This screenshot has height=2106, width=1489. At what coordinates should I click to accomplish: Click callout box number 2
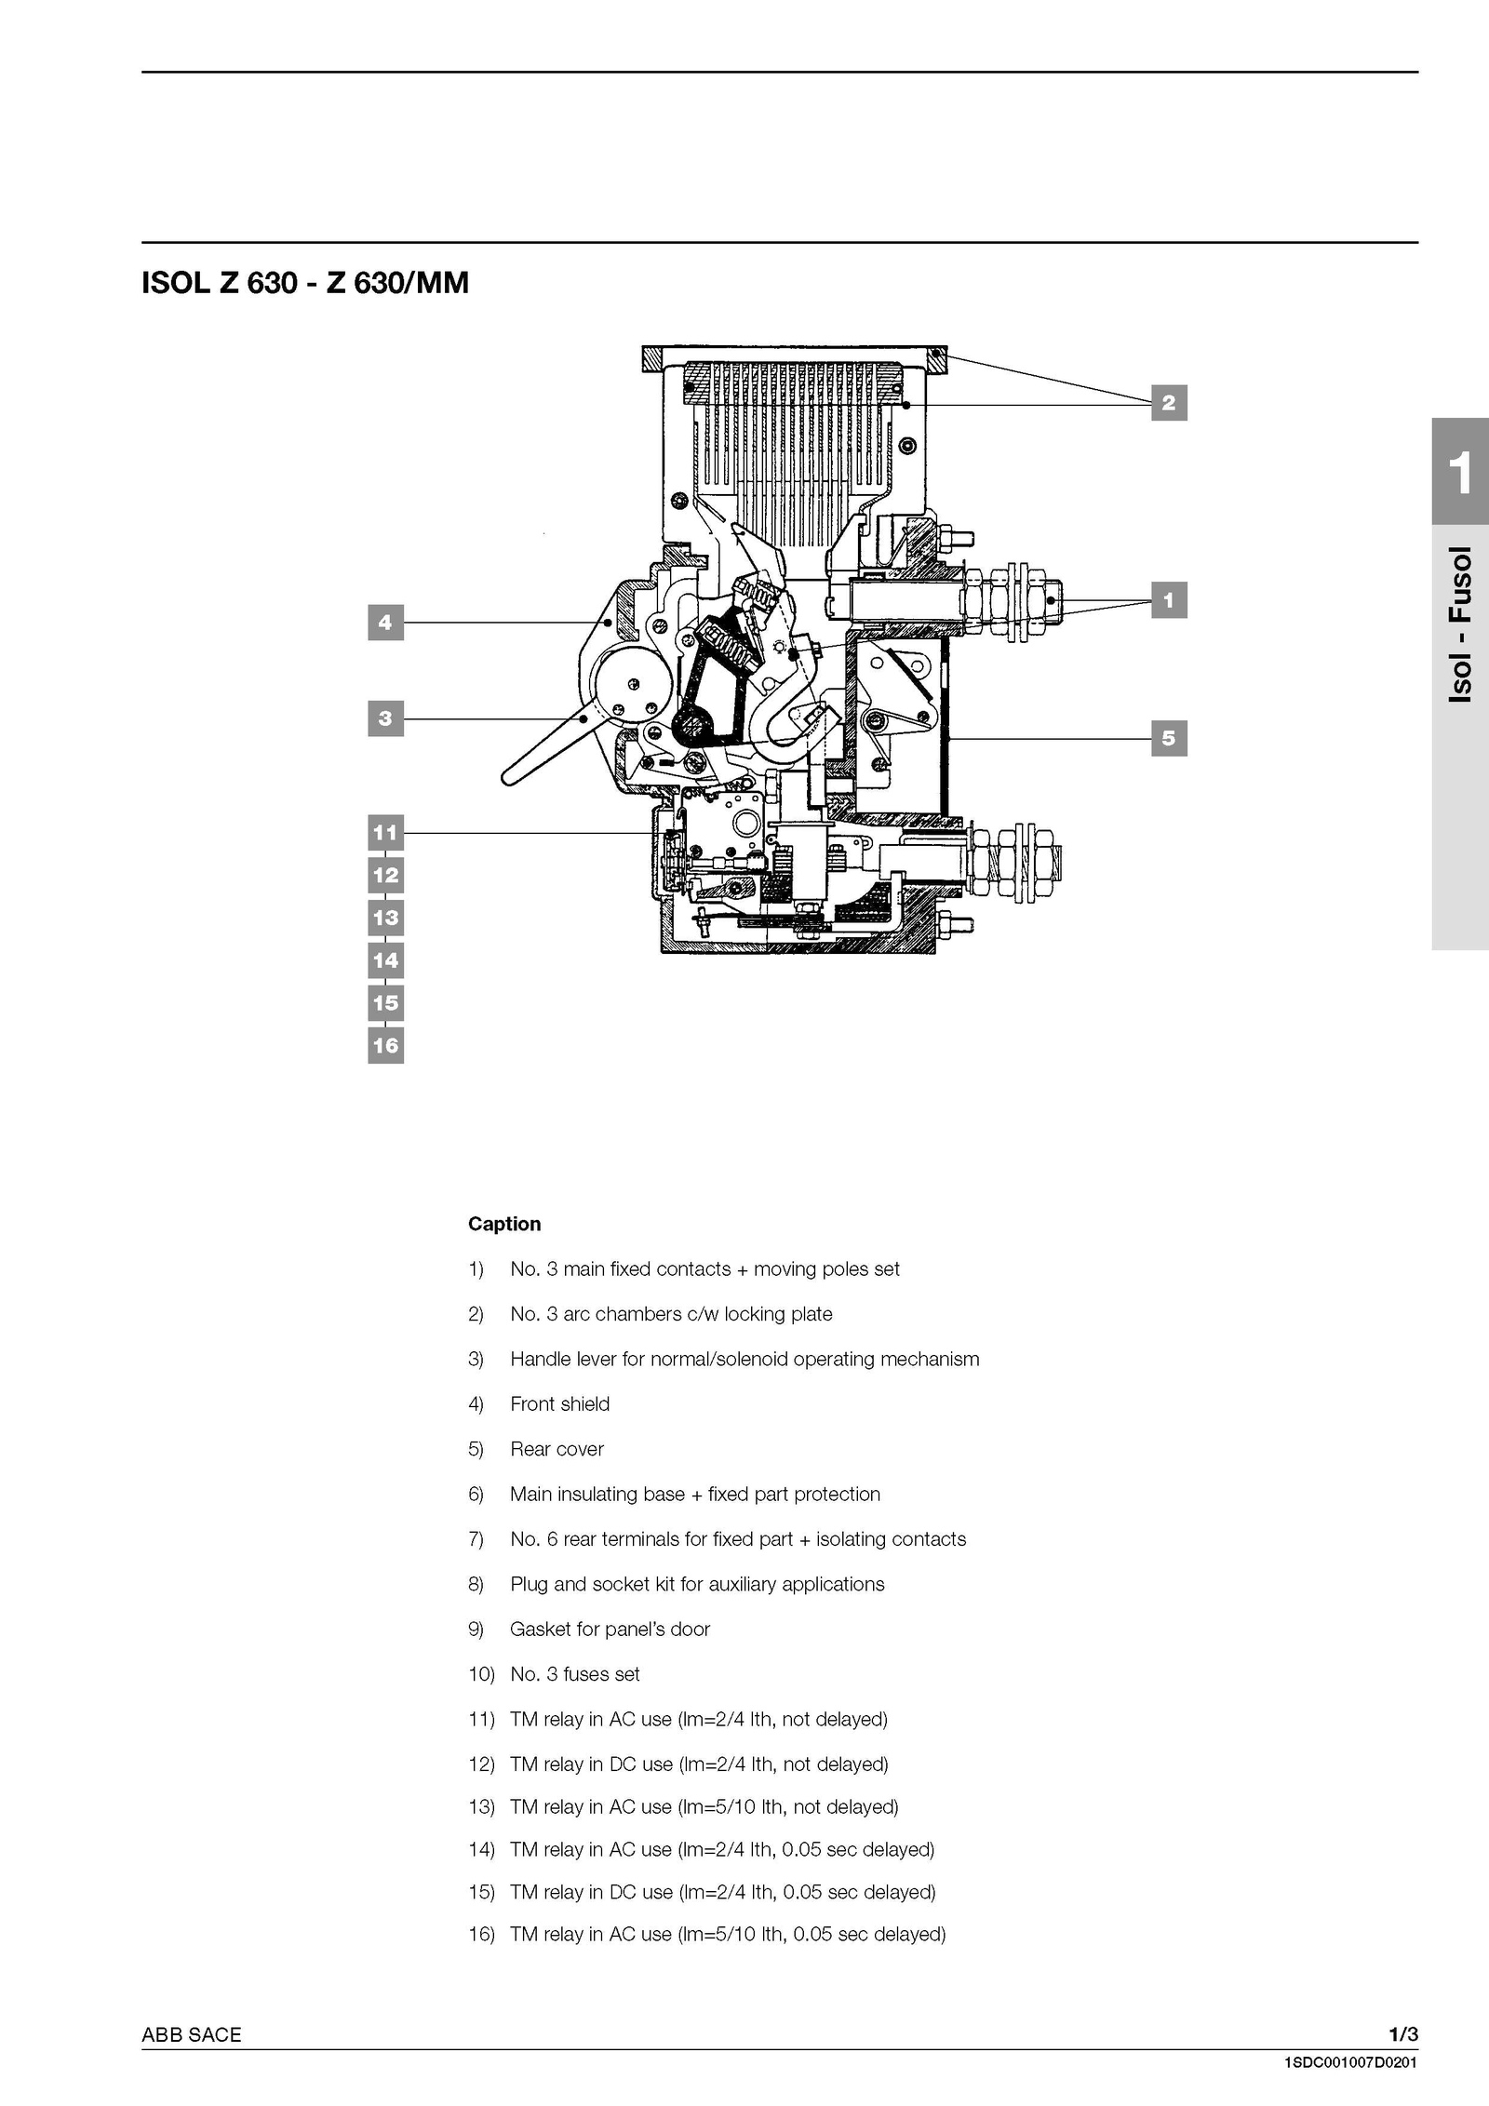pyautogui.click(x=1169, y=403)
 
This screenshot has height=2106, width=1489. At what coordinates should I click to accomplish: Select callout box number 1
pyautogui.click(x=1169, y=600)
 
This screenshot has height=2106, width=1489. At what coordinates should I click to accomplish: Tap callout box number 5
pyautogui.click(x=1169, y=739)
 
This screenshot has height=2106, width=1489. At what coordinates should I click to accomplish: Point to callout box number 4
pyautogui.click(x=385, y=623)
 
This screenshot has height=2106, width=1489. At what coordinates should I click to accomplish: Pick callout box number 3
pyautogui.click(x=385, y=718)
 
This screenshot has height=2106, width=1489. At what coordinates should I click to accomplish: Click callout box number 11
pyautogui.click(x=385, y=833)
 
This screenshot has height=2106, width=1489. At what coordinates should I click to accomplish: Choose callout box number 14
pyautogui.click(x=385, y=960)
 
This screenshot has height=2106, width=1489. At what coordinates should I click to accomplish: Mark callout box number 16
pyautogui.click(x=385, y=1046)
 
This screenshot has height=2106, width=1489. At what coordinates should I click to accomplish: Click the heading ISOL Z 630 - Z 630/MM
pyautogui.click(x=305, y=283)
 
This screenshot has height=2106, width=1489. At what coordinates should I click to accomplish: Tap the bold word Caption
pyautogui.click(x=504, y=1224)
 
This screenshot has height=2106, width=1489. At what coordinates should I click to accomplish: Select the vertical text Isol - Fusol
pyautogui.click(x=1461, y=624)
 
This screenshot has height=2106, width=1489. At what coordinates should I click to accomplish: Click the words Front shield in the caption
pyautogui.click(x=560, y=1404)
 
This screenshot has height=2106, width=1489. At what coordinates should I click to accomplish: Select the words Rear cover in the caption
pyautogui.click(x=557, y=1449)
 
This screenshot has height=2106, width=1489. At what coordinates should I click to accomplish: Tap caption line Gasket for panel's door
pyautogui.click(x=610, y=1630)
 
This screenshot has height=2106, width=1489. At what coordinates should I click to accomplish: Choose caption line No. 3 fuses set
pyautogui.click(x=575, y=1674)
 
